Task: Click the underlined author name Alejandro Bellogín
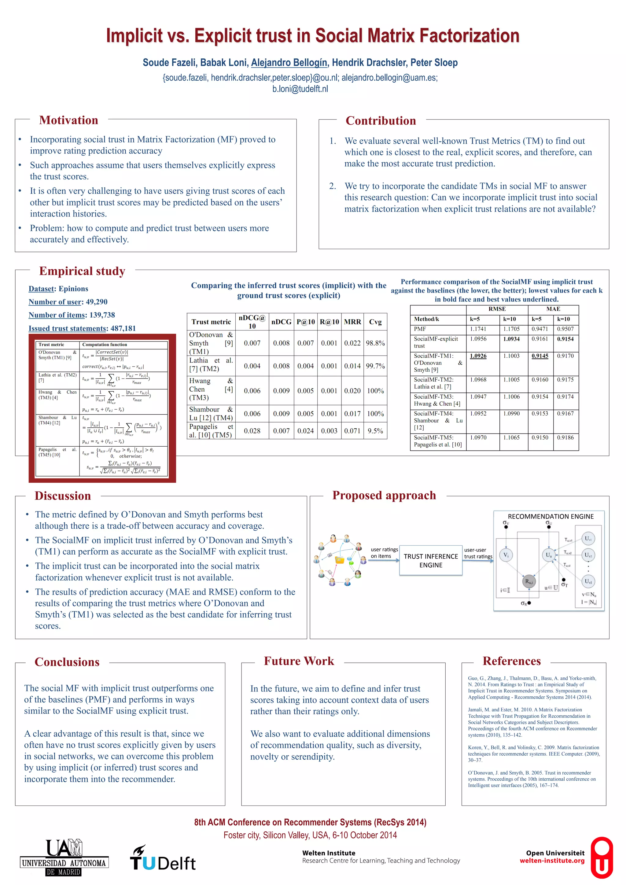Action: pos(289,62)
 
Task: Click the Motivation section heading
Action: pos(68,120)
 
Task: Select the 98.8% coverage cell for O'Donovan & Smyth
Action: pos(375,343)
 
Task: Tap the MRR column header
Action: pos(352,322)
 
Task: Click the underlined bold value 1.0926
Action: pos(478,356)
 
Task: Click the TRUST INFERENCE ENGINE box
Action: pos(431,560)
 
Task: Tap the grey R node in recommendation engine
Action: pos(528,581)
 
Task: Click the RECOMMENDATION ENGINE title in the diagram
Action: pos(551,516)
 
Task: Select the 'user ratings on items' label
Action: pos(384,552)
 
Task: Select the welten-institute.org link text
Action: pos(552,861)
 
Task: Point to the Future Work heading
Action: pos(299,661)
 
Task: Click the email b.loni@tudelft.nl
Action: pos(300,89)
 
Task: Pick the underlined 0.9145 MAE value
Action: pos(540,356)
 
